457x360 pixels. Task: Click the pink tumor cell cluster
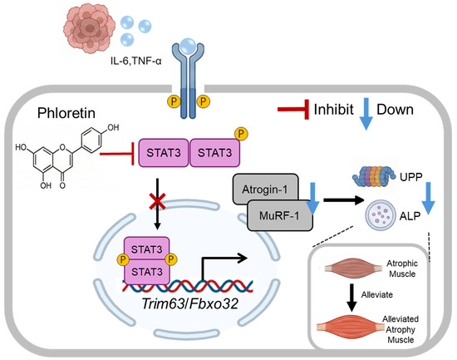point(89,29)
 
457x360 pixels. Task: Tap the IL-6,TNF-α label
point(135,62)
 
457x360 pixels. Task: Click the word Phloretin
point(66,113)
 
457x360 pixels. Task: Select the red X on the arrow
point(157,201)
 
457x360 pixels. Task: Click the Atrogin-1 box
point(265,189)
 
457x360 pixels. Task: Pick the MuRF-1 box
point(280,215)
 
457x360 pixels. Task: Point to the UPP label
point(411,177)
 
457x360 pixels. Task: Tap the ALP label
point(410,216)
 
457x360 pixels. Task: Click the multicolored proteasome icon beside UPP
point(374,176)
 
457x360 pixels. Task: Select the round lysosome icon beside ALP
point(381,215)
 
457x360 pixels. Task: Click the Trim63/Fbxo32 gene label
point(189,303)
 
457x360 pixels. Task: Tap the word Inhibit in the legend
point(334,110)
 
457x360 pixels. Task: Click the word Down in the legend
point(395,110)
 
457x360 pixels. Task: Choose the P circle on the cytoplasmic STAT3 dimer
point(241,134)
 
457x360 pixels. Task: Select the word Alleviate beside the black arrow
point(377,294)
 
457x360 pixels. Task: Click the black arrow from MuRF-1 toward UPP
point(344,200)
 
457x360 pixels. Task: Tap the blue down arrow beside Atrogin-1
point(312,199)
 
